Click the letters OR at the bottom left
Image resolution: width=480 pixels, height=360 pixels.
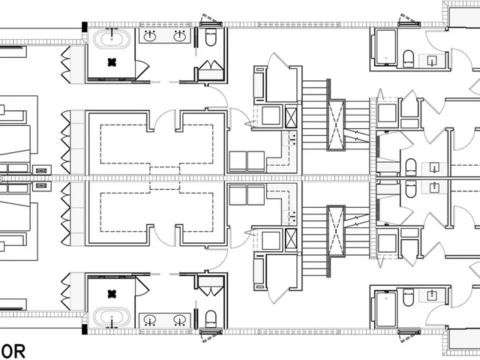(13, 349)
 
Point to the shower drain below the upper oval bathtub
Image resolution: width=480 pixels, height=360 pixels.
(112, 62)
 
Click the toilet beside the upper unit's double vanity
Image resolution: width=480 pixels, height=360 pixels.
(210, 37)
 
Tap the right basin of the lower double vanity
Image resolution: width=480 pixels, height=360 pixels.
(180, 319)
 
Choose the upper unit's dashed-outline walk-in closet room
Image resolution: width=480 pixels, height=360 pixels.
(157, 141)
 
